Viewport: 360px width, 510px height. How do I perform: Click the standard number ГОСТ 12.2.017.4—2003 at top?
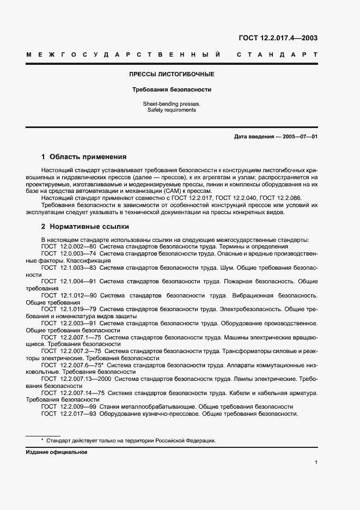(x=278, y=38)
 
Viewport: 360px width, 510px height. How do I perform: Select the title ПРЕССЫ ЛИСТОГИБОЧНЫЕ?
(x=172, y=74)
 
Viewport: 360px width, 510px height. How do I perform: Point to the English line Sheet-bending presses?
(x=172, y=104)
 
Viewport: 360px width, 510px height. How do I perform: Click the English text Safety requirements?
(x=172, y=110)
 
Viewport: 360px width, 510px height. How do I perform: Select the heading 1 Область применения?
(x=84, y=156)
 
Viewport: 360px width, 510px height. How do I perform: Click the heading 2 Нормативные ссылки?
(x=85, y=227)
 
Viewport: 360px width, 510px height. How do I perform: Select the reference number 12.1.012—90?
(x=78, y=295)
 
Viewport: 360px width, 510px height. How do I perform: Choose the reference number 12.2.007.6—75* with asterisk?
(x=82, y=365)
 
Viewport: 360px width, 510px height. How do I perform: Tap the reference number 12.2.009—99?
(x=78, y=406)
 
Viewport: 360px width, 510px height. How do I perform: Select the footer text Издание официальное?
(x=57, y=452)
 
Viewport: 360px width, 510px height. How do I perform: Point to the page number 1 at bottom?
(x=316, y=463)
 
